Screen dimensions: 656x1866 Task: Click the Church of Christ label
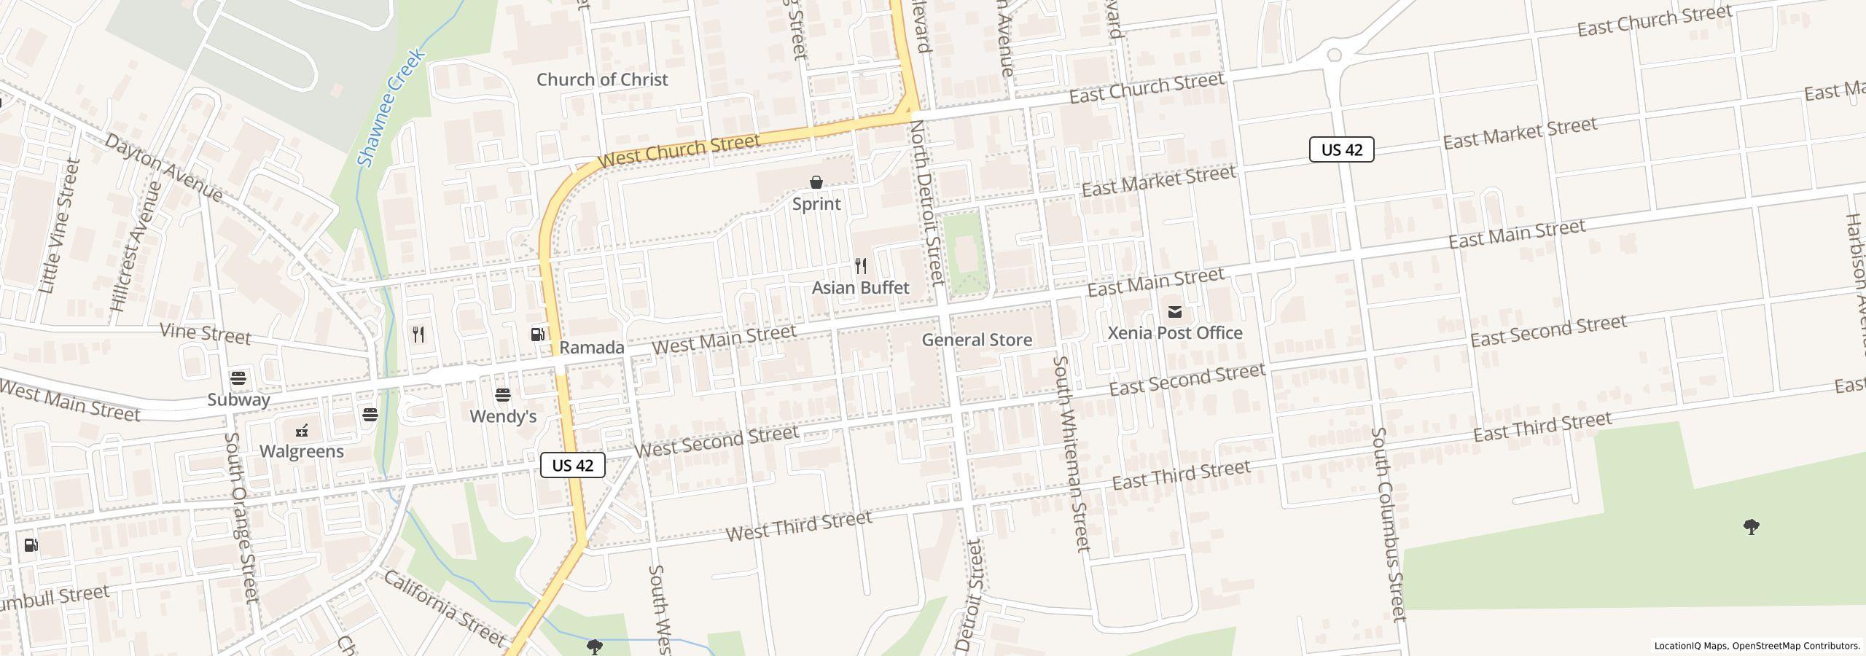[601, 79]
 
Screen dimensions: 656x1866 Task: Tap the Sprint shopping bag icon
[816, 182]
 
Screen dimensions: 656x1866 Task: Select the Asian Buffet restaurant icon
[861, 266]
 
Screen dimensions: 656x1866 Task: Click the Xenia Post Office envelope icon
[1174, 312]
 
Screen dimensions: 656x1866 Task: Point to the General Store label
[976, 340]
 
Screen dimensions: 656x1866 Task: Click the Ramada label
[591, 348]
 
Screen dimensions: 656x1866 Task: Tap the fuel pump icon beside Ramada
[537, 335]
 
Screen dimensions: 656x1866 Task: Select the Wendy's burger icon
[502, 395]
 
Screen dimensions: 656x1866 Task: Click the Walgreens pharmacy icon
[302, 431]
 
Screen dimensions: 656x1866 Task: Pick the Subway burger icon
[238, 378]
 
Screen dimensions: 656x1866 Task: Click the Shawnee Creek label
[391, 108]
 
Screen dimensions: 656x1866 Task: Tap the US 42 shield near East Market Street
[1341, 149]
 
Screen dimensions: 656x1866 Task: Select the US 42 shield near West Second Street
[573, 465]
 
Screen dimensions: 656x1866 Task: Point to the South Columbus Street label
[1386, 525]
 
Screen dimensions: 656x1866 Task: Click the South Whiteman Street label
[1071, 453]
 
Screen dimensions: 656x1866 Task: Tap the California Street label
[443, 609]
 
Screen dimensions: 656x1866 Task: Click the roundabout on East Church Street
[1334, 55]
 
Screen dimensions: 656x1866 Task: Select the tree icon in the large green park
[1751, 526]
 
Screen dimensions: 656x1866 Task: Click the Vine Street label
[205, 335]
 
